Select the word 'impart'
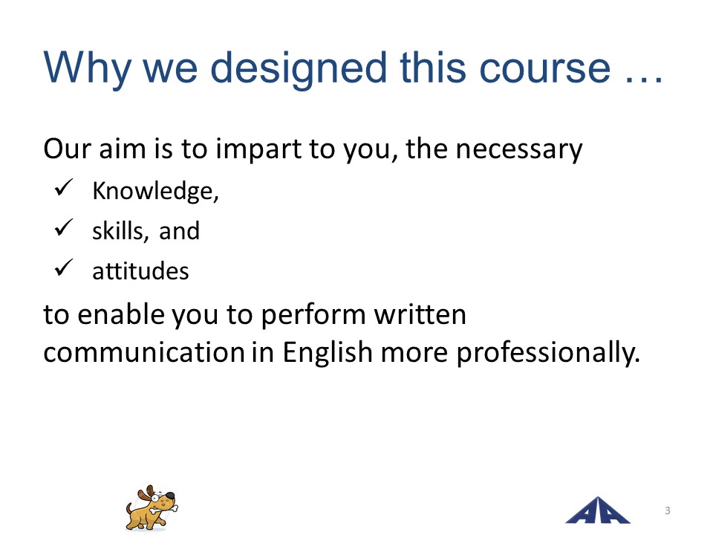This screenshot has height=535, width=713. [x=258, y=149]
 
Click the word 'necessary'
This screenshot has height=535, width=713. [x=519, y=149]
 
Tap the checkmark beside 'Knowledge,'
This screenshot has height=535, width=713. [x=64, y=187]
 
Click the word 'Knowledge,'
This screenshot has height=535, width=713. [x=155, y=191]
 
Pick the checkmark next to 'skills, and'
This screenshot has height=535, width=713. [x=64, y=227]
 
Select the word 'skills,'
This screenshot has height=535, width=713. [x=120, y=231]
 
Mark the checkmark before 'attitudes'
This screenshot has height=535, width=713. [x=64, y=267]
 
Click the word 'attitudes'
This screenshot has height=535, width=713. [x=140, y=272]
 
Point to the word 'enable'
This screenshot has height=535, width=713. [x=121, y=314]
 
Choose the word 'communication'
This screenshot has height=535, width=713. [x=144, y=352]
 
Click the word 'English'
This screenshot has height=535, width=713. [x=328, y=352]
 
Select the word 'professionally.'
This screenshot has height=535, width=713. [x=548, y=353]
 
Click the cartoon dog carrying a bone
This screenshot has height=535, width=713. [x=152, y=508]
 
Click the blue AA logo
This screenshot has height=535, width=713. [x=597, y=510]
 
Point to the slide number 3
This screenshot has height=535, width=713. [x=668, y=510]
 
